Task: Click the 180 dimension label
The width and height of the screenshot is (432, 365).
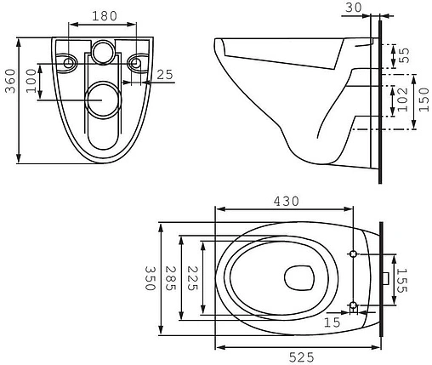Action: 105,16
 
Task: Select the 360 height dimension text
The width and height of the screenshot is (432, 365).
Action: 11,81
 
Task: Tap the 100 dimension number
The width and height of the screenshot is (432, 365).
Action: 31,81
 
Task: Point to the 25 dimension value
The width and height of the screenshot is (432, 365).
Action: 165,75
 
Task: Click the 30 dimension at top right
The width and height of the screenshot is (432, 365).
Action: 354,8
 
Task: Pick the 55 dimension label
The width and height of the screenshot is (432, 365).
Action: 404,55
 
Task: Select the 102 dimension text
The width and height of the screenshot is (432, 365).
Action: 402,100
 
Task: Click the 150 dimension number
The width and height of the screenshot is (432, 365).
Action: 423,100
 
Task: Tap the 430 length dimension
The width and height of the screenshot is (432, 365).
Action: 286,202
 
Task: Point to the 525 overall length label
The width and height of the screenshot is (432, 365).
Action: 301,357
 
